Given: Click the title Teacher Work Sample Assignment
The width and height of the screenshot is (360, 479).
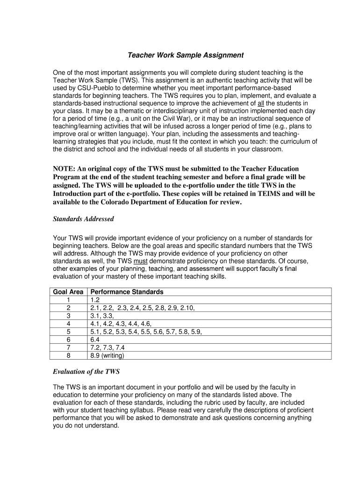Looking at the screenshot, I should (186, 55).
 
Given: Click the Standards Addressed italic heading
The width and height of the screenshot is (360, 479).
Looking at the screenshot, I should (83, 218).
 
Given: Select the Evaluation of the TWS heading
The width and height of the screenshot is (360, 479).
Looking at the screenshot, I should (86, 372).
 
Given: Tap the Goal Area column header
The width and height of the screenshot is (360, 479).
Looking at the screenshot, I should (68, 292).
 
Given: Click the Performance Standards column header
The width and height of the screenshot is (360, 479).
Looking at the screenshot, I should (127, 292).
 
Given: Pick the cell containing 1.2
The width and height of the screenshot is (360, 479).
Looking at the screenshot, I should (95, 300).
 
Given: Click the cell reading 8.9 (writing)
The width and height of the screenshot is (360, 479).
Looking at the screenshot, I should (108, 356).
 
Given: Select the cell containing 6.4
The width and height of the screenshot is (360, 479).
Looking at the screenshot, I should (95, 340).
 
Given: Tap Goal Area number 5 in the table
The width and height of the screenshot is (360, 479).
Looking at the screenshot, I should (68, 332).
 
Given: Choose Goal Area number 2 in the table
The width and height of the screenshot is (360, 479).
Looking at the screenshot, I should (68, 308).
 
